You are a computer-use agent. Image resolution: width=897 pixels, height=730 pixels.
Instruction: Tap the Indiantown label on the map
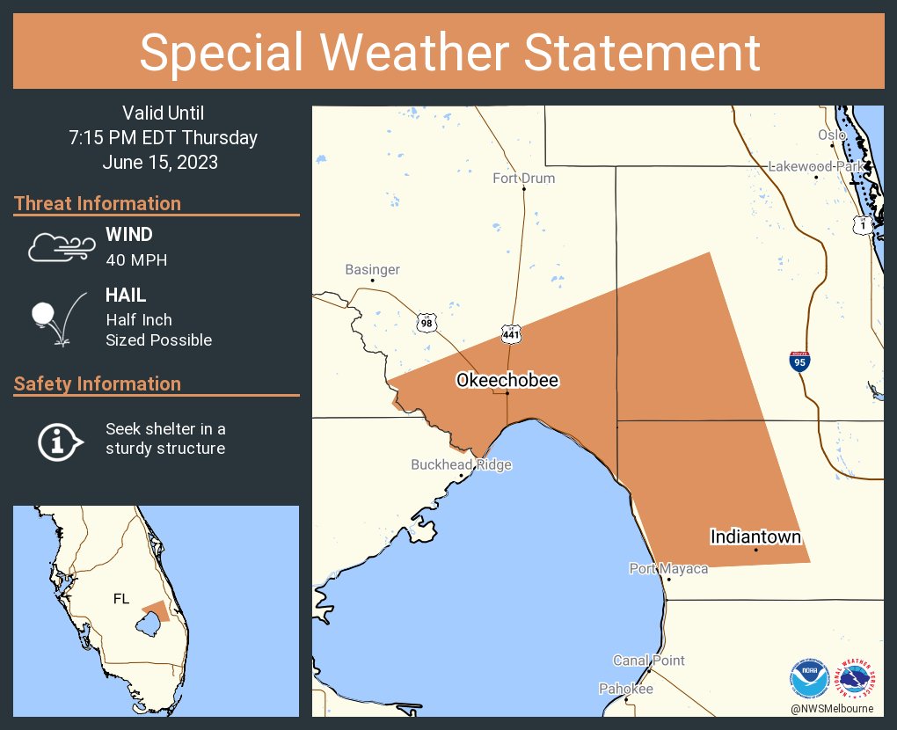coord(755,537)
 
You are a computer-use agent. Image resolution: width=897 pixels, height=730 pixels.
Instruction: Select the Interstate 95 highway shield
coord(799,361)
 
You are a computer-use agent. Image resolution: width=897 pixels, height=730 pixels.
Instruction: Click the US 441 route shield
coord(511,334)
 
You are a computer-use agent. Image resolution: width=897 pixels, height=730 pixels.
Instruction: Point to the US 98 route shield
coord(427,323)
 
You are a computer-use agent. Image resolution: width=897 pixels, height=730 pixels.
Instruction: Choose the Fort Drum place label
coord(523,179)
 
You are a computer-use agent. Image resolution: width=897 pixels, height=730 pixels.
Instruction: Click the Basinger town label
coord(372,270)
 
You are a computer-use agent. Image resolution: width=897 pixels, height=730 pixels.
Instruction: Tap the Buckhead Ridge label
coord(461,464)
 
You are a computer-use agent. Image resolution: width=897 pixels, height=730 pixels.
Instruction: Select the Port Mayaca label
coord(668,569)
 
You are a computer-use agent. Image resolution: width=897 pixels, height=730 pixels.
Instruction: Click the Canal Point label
coord(648,661)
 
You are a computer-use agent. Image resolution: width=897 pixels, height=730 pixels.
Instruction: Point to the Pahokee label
coord(626,689)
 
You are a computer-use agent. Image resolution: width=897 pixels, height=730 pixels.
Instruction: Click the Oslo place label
coord(831,135)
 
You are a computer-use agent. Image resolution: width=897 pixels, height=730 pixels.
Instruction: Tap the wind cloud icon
coord(60,247)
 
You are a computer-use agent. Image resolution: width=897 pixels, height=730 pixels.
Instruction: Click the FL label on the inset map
coord(121,599)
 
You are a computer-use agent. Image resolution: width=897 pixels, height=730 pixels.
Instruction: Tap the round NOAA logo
coord(808,680)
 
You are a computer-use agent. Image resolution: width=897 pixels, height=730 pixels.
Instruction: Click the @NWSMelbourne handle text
coord(832,708)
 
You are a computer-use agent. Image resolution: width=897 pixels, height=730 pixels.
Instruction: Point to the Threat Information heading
coord(98,203)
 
